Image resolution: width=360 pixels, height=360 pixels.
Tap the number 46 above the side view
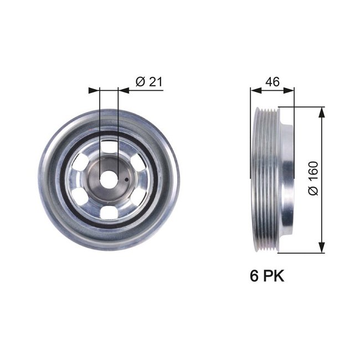point(271,81)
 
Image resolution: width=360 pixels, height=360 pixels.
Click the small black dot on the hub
point(127,179)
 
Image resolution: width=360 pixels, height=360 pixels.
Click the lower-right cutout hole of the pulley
point(135,195)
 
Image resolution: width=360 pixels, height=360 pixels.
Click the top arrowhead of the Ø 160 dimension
point(321,111)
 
